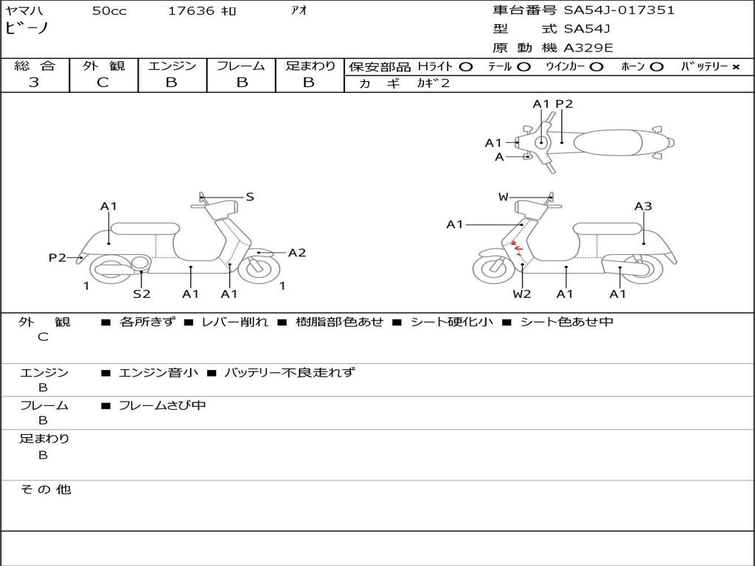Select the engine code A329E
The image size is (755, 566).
(588, 48)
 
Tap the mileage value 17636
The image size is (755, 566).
(192, 11)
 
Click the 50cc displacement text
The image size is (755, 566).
(108, 11)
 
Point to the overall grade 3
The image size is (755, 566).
(34, 83)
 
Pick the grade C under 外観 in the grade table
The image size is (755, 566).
(103, 83)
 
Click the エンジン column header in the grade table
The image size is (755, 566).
(172, 66)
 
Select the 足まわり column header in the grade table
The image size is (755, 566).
(310, 66)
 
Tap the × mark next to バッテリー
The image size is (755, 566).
(735, 67)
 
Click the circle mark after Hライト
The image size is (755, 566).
(465, 67)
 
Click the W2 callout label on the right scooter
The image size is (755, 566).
(522, 294)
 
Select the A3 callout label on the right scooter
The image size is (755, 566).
(643, 206)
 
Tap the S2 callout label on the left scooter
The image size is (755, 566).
(142, 294)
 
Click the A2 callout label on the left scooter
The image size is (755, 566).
(296, 253)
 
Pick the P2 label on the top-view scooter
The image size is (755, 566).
(564, 104)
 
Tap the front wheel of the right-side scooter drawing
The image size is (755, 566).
(493, 268)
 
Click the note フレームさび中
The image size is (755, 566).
(162, 405)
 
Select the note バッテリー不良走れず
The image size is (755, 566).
(289, 372)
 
